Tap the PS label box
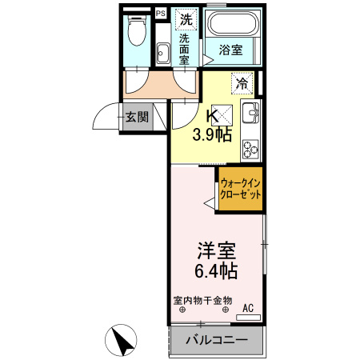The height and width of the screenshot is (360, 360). [159, 13]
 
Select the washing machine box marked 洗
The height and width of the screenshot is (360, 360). [185, 18]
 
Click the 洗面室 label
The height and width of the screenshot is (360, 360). [185, 48]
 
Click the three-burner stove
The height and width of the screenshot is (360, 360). [251, 147]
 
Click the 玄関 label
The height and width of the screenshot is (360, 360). [136, 117]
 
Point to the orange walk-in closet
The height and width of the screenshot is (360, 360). [241, 190]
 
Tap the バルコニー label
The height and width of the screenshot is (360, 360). [216, 341]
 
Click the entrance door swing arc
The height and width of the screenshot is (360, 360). [102, 117]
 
